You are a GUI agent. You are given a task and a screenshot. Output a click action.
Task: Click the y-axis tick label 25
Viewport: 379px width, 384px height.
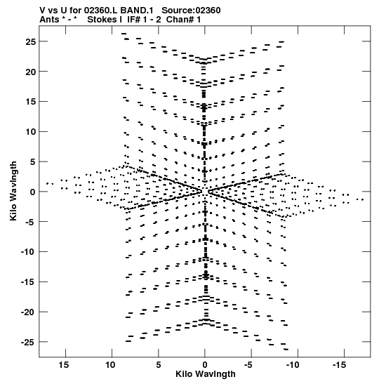[31, 41]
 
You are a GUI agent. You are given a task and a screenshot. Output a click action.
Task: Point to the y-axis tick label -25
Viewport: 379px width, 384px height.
[28, 342]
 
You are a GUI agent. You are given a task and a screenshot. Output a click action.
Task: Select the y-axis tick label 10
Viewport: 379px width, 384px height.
[31, 132]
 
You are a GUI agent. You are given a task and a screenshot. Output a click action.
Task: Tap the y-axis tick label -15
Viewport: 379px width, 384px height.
[28, 282]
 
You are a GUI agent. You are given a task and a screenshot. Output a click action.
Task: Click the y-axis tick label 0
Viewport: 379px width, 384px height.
[33, 192]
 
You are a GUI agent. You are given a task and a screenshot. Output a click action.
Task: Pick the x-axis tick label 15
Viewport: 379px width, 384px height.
[64, 365]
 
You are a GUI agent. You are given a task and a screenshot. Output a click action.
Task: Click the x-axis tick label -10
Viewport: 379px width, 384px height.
[293, 365]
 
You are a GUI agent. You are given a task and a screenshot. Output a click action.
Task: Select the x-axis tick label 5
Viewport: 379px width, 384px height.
[159, 365]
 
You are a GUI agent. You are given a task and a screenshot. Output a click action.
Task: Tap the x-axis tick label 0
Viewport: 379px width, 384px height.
[205, 365]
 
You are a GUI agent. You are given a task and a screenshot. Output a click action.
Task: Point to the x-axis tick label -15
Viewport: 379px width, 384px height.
[339, 365]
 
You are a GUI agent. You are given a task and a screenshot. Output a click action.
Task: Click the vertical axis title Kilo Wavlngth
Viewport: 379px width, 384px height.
[13, 191]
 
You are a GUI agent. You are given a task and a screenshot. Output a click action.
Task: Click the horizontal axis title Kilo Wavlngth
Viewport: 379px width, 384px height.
[206, 374]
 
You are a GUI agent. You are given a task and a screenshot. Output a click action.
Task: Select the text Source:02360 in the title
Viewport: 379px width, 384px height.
[191, 11]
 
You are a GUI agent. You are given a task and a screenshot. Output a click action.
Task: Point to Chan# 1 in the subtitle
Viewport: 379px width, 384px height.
[183, 20]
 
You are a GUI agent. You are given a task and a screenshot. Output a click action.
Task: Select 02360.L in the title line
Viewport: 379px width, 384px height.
[100, 11]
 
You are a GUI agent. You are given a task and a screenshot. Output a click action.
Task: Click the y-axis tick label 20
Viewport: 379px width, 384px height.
[31, 72]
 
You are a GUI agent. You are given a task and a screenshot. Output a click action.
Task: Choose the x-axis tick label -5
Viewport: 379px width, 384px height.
[248, 365]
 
